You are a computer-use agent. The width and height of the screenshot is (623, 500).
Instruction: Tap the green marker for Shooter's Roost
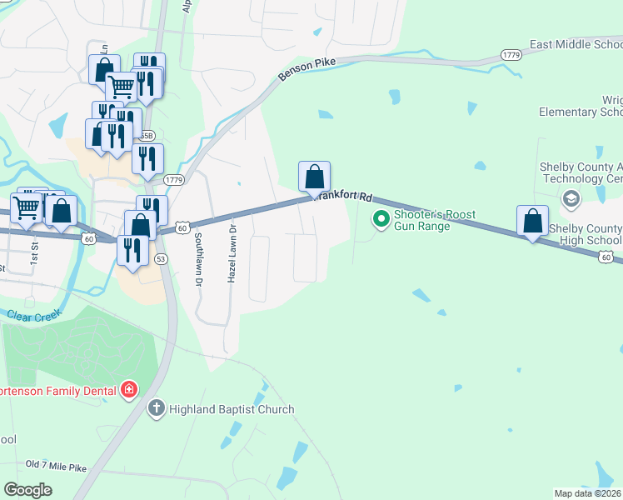click(x=381, y=219)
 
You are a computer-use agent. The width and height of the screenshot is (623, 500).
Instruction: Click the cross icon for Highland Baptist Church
click(x=156, y=408)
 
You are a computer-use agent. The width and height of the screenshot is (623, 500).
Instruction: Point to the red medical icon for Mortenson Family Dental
click(x=128, y=389)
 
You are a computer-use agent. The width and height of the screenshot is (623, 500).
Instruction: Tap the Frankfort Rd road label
click(x=343, y=197)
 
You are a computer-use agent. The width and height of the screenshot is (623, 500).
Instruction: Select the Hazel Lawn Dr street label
click(x=232, y=252)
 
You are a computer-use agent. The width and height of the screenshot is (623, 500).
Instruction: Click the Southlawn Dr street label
click(x=198, y=259)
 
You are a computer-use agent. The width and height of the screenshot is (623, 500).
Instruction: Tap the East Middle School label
click(x=576, y=44)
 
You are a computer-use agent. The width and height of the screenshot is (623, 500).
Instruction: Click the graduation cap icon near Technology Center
click(x=571, y=198)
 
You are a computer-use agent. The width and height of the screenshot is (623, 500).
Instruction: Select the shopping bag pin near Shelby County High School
click(x=532, y=222)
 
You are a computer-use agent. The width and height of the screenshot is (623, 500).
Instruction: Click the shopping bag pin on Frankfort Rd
click(x=314, y=177)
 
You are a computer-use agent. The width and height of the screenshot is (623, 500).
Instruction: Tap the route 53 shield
click(x=162, y=259)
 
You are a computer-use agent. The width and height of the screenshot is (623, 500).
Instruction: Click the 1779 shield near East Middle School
click(x=511, y=54)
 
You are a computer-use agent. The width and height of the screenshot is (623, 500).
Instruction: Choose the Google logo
click(x=27, y=490)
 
